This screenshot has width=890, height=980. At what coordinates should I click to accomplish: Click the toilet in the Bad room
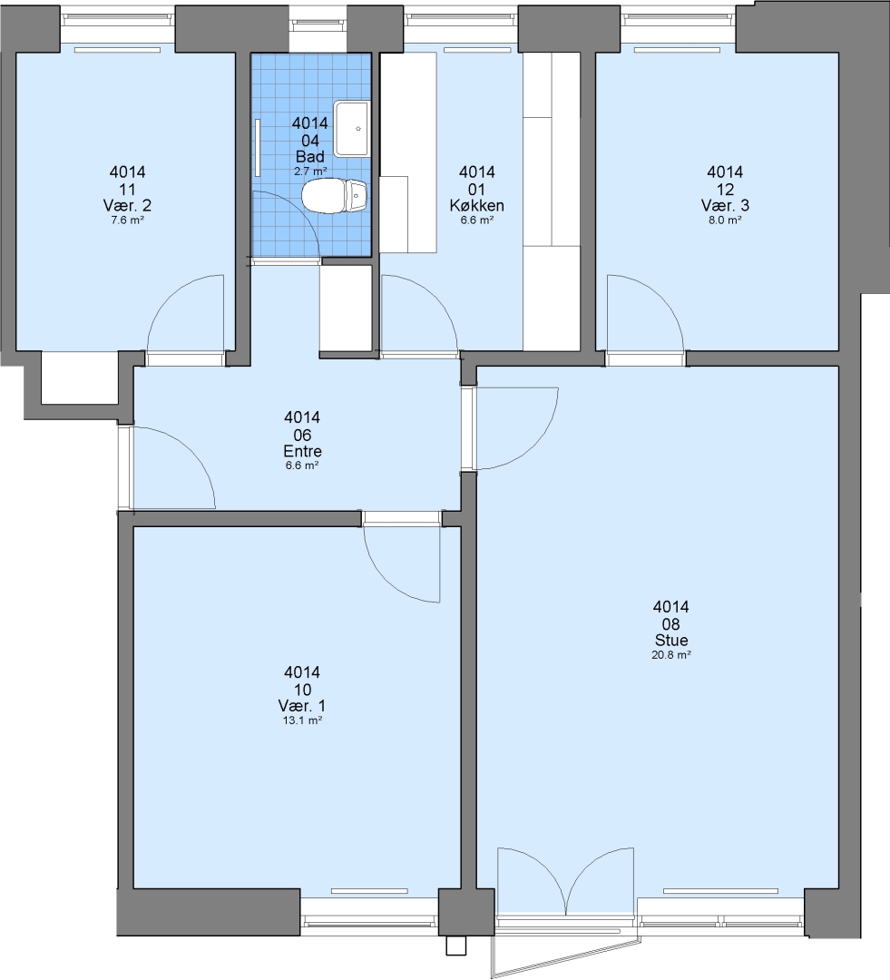pos(335,196)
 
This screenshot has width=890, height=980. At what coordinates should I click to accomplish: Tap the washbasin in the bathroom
pos(352,129)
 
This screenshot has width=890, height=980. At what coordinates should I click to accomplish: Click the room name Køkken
pos(477,206)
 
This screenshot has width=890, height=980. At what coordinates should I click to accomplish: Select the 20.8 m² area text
pos(671,655)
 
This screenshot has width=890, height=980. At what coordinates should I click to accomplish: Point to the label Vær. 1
pos(302,706)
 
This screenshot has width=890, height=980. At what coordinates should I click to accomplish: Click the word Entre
pos(302,451)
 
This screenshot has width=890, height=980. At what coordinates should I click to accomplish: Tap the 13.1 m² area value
pos(302,720)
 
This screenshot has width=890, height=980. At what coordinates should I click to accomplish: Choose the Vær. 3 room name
pos(725,206)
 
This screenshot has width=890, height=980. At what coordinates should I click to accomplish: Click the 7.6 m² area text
pos(128,220)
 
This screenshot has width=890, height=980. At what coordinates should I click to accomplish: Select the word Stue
pos(671,641)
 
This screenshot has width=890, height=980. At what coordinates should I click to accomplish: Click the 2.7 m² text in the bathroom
pos(310,171)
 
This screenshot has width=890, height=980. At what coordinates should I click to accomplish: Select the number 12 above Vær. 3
pos(725,190)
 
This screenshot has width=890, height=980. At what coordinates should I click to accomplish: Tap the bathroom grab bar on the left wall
pos(258,148)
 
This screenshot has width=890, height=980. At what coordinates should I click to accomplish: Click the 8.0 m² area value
pos(725,220)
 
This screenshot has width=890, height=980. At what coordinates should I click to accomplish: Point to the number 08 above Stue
pos(671,623)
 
